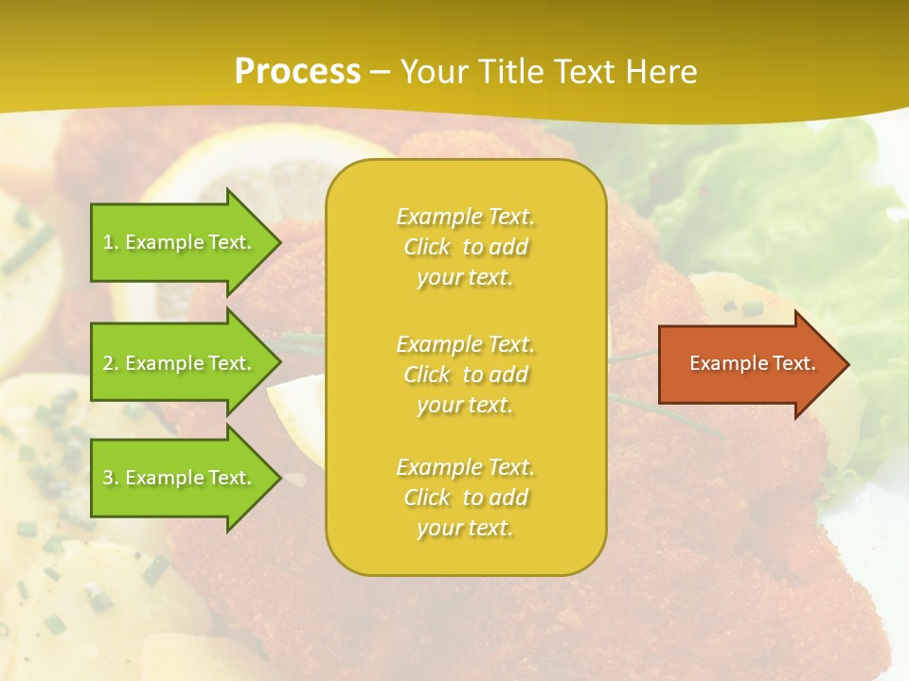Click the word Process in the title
(297, 72)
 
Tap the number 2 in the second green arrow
(108, 363)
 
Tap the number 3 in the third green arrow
(108, 478)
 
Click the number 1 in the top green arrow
(108, 242)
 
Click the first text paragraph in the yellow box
(465, 247)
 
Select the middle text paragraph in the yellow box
(465, 375)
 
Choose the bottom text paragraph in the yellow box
(465, 498)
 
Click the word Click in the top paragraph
(427, 248)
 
